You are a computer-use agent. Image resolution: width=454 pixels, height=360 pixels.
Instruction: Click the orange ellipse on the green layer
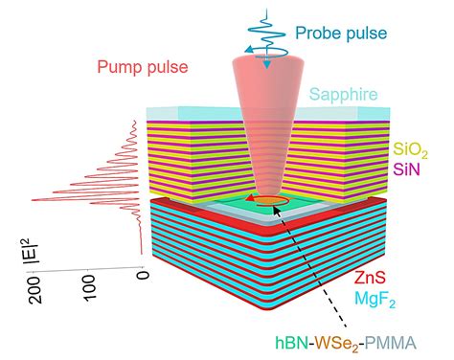tap(271, 201)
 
